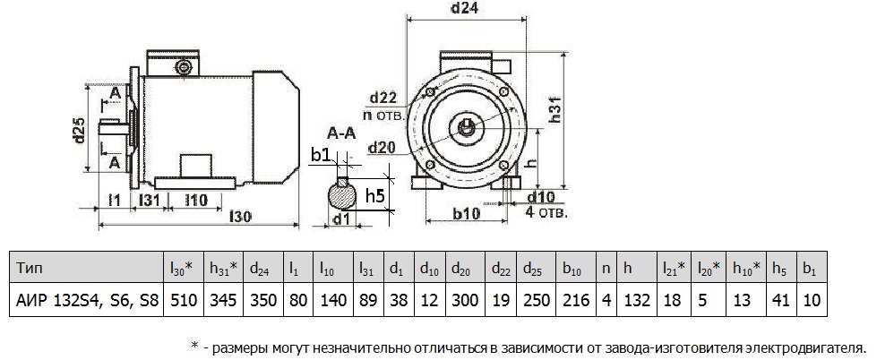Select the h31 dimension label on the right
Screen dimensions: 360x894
pyautogui.click(x=554, y=108)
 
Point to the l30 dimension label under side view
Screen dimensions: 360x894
pyautogui.click(x=240, y=216)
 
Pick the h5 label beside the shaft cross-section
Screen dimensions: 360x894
pyautogui.click(x=376, y=196)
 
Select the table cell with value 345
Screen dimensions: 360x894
pyautogui.click(x=223, y=300)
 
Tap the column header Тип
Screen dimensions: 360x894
pyautogui.click(x=29, y=269)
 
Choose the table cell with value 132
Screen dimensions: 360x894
pyautogui.click(x=636, y=300)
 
